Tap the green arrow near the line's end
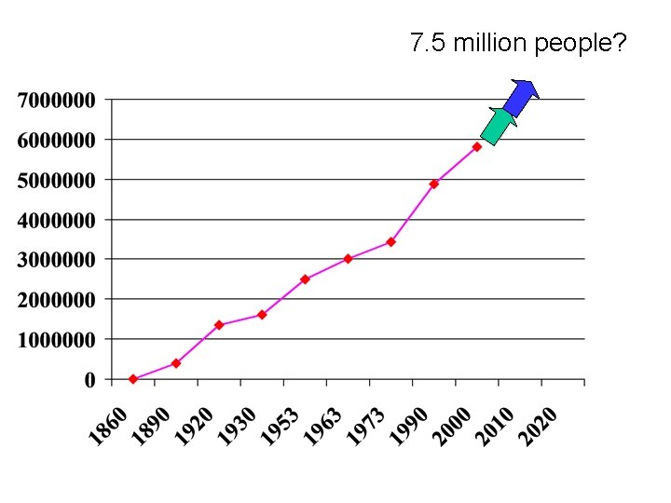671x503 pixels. pyautogui.click(x=499, y=126)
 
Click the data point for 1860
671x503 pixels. pyautogui.click(x=133, y=379)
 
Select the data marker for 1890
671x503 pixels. pyautogui.click(x=176, y=363)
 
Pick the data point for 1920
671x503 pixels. pyautogui.click(x=219, y=325)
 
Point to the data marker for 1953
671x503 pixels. pyautogui.click(x=305, y=279)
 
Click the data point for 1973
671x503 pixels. pyautogui.click(x=390, y=242)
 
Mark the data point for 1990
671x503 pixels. pyautogui.click(x=433, y=184)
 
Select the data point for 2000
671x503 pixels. pyautogui.click(x=476, y=147)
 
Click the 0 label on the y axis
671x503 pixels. pyautogui.click(x=90, y=380)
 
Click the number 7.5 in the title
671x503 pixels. pyautogui.click(x=425, y=43)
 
